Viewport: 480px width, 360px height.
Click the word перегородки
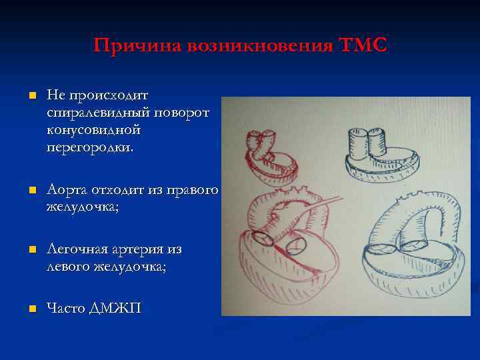coord(89,146)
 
